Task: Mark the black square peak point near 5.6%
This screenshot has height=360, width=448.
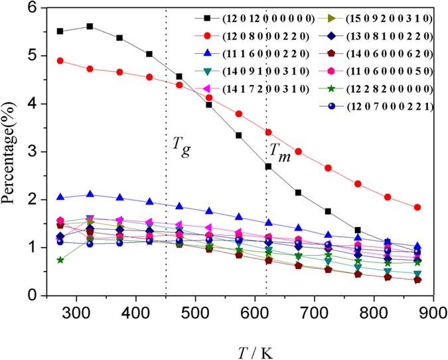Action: (x=90, y=27)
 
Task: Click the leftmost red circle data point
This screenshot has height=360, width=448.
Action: (x=60, y=61)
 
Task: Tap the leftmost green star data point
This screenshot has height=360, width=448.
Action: (x=60, y=260)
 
